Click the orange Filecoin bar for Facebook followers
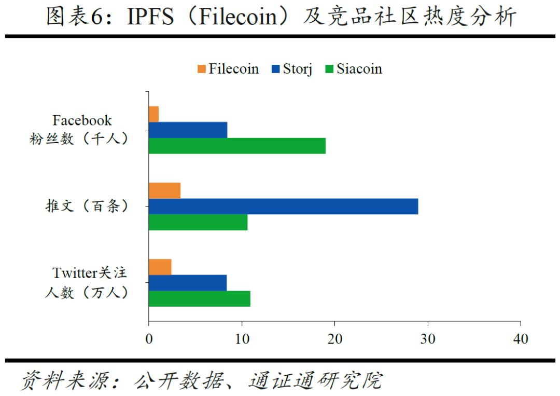point(153,114)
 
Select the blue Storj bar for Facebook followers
point(188,130)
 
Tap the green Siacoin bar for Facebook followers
point(237,146)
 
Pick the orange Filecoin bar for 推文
point(164,190)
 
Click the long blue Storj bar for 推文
point(283,207)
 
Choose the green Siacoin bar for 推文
point(198,222)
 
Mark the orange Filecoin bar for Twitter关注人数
point(160,267)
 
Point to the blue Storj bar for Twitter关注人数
point(188,283)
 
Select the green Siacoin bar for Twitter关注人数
point(200,298)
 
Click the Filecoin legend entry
point(228,69)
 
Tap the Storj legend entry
point(292,69)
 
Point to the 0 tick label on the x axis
point(149,339)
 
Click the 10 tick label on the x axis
point(242,339)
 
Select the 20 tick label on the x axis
point(334,339)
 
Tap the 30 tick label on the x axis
point(428,339)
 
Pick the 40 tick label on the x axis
point(520,339)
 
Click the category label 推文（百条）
point(86,207)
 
